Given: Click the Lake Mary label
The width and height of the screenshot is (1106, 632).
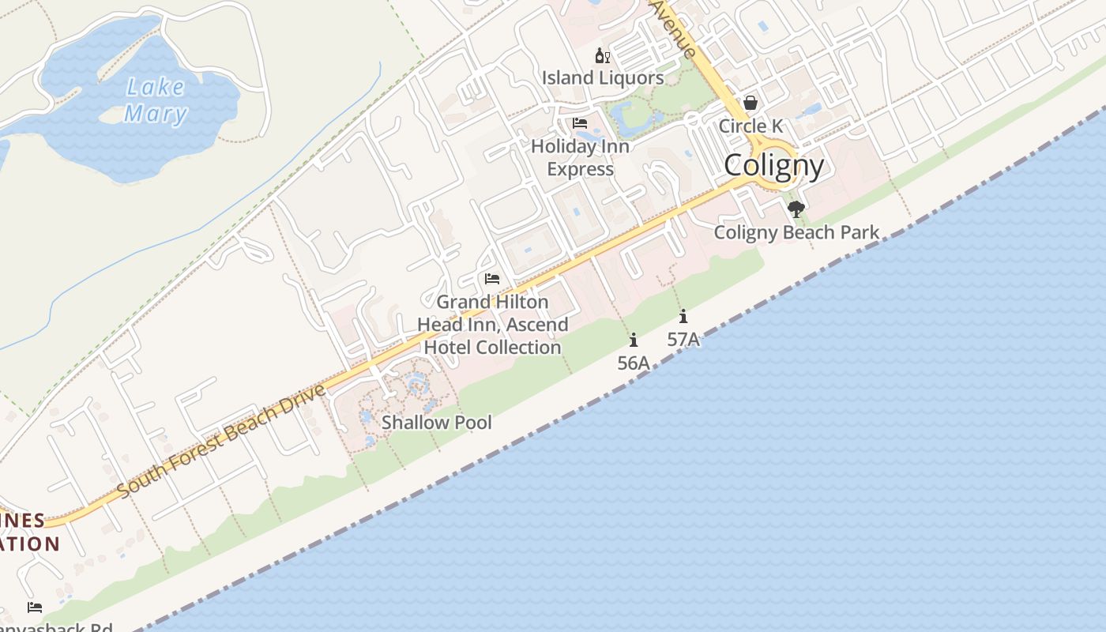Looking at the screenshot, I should point(156,100).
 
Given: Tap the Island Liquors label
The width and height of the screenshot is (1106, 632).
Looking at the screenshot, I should point(602,77).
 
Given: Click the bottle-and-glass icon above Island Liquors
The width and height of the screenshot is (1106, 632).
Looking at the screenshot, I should point(602,55).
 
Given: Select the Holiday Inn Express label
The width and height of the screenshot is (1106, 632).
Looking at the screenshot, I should point(580,157).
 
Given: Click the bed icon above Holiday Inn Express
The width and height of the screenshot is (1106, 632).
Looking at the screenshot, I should point(580,123).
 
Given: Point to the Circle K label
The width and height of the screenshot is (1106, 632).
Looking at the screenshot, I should point(750,126).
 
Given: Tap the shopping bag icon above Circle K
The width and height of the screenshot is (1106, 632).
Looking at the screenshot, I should point(750,103).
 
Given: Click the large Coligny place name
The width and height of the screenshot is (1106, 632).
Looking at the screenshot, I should point(773,165).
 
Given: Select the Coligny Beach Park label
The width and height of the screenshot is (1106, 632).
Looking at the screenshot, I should point(796,232).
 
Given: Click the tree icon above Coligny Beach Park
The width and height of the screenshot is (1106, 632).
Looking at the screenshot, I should point(796,209).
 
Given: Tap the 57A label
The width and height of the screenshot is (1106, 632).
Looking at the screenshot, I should point(683,340).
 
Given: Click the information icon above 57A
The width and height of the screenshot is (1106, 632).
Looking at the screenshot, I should point(683,318).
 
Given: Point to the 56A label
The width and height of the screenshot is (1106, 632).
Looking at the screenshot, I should point(634,363).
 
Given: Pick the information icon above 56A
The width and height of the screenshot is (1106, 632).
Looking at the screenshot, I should point(634,340).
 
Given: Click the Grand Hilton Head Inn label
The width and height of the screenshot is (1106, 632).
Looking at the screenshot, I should point(492,325).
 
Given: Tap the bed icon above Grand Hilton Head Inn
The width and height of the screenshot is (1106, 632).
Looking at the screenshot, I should point(492,279).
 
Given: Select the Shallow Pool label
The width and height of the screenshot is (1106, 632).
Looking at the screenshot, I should point(436,423).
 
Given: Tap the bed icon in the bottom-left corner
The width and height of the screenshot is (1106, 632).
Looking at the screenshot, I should point(35,608).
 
